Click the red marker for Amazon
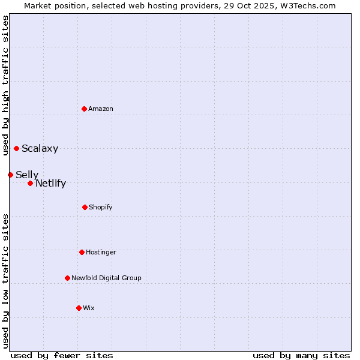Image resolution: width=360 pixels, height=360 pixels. point(84,109)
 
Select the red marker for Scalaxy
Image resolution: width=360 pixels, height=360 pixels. point(16,148)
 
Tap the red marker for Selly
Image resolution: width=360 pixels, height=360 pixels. point(10,175)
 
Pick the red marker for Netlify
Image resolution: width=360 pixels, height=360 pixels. point(30,183)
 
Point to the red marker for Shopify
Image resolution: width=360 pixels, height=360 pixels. point(85,207)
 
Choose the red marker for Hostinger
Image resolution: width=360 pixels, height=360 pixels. point(82,252)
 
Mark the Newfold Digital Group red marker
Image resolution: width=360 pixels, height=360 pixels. point(67,278)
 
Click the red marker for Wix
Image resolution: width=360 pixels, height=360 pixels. point(79,308)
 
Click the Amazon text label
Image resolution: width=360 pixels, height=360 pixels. point(101,109)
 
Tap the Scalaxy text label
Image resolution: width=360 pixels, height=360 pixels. point(40,149)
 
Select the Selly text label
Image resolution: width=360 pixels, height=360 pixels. point(27,175)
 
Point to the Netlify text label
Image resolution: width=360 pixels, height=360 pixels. point(50,184)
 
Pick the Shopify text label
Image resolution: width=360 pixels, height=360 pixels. point(101,207)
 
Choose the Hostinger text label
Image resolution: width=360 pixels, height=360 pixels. point(101,252)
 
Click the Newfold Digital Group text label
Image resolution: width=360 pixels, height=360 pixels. point(106,278)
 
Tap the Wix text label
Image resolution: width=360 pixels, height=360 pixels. point(89,308)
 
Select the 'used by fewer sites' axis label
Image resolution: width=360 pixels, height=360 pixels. point(62,355)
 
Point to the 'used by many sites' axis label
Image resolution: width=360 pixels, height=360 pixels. point(301,355)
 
